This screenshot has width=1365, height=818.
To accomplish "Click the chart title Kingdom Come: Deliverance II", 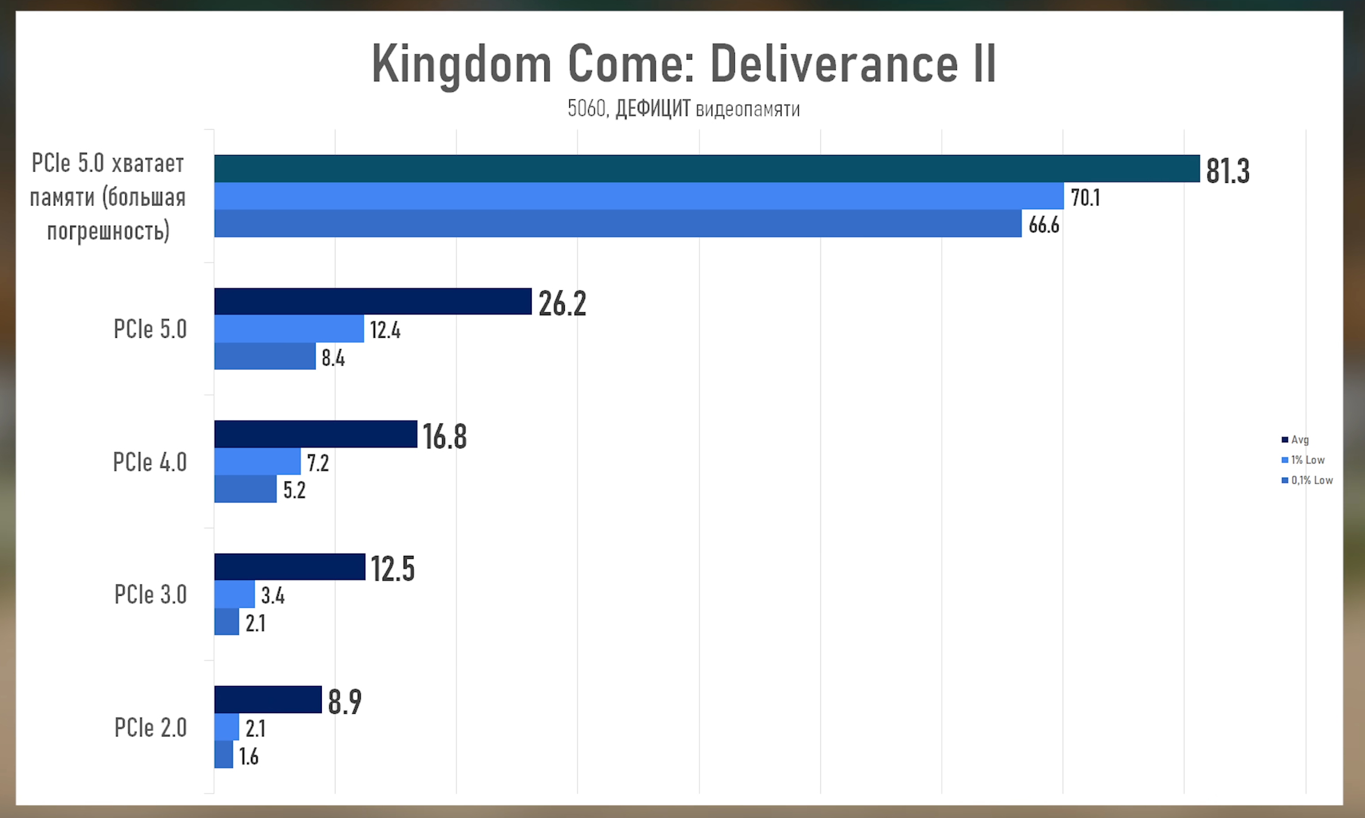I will click(683, 63).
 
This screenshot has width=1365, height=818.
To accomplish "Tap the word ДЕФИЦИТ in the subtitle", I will click(652, 109).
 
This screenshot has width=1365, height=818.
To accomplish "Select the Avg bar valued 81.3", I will click(706, 169).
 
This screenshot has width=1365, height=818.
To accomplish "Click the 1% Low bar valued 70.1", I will click(638, 196).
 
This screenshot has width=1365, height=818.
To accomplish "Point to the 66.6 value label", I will click(1043, 225).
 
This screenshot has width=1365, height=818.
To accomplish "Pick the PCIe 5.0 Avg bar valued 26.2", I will click(373, 301).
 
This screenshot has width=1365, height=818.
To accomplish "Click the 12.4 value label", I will click(385, 330).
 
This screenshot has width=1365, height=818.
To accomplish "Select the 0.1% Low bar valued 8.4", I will click(265, 356).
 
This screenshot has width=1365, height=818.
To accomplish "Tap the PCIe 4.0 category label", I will click(150, 462).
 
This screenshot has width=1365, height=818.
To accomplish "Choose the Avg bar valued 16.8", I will click(315, 434).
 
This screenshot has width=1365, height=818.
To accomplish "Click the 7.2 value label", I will click(318, 463).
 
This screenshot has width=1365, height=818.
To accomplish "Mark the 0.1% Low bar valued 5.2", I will click(245, 489).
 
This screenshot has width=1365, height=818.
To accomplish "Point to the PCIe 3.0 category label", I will click(150, 595).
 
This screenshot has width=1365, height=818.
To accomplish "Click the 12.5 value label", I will click(392, 568).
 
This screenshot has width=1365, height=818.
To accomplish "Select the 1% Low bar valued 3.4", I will click(234, 595).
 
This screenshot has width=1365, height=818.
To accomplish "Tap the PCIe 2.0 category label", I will click(150, 727).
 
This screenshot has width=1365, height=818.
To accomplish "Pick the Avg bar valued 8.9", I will click(268, 699).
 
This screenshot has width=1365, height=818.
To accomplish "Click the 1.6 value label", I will click(249, 757).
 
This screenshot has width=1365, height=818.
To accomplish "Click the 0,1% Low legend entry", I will click(1307, 480).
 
